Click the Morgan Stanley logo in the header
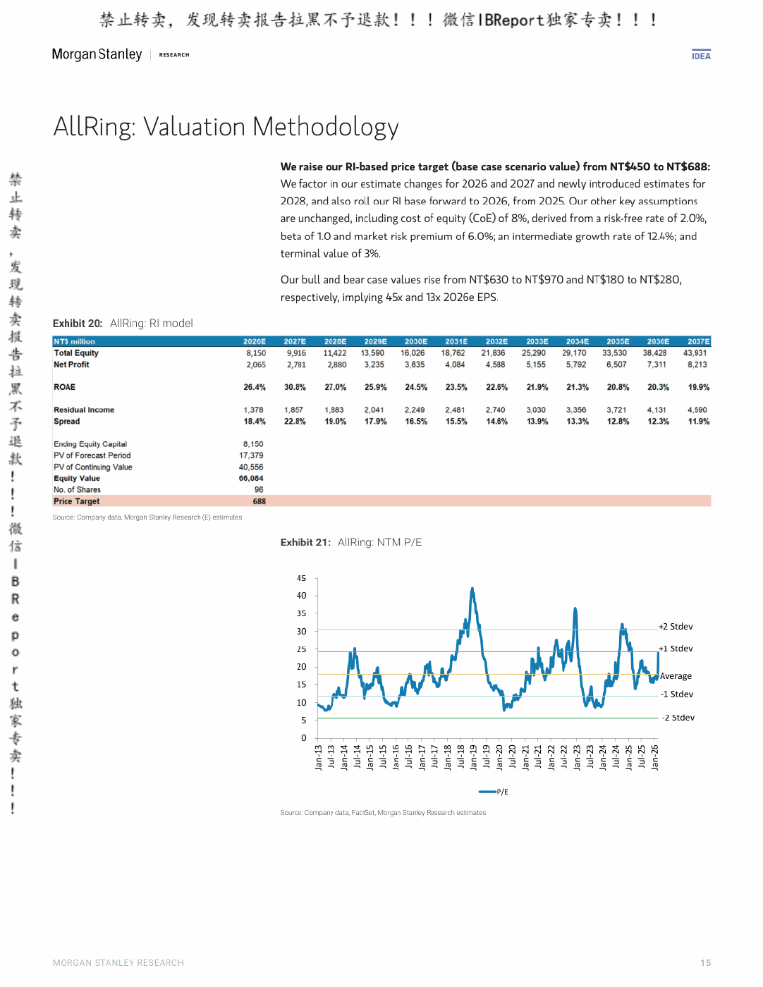[97, 54]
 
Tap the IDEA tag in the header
[701, 56]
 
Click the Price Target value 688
[260, 501]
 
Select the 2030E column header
[415, 341]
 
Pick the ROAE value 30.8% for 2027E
[295, 387]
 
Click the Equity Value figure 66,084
[251, 478]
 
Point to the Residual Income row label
[84, 410]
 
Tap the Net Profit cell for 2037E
[697, 364]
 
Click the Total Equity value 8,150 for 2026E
[256, 353]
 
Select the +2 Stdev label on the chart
[676, 626]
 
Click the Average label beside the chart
[676, 676]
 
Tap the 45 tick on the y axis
[302, 578]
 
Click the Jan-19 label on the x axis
[473, 757]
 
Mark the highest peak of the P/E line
[472, 588]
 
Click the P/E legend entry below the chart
[494, 792]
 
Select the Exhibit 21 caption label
[305, 542]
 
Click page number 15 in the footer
[705, 962]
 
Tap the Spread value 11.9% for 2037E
[699, 421]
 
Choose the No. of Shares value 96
[259, 490]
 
